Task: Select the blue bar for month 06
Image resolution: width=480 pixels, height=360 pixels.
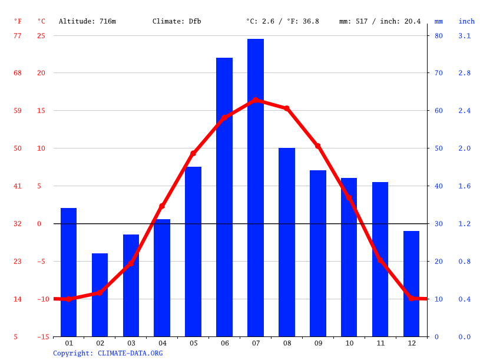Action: coord(224,197)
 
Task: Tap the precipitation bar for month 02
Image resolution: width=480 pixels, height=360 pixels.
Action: coord(100,295)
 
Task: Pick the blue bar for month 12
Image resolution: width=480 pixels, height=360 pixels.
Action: coord(411,283)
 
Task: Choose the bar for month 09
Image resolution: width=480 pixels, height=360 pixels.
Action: coord(318,253)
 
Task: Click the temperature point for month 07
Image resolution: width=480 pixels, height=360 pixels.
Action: coord(256,100)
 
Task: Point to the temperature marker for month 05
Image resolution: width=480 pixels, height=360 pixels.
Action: coord(193,153)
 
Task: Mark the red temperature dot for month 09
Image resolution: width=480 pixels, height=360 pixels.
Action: coord(318,146)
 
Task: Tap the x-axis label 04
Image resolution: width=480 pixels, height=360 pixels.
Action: coord(162,343)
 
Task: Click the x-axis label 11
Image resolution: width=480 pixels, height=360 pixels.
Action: coord(380,343)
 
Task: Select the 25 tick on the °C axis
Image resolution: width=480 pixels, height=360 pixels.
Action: coord(41,35)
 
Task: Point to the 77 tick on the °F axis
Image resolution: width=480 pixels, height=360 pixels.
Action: coord(18,35)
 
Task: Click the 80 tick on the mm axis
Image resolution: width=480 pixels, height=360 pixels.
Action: coord(438,35)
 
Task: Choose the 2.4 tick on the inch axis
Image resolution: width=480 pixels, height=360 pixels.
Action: coord(465,111)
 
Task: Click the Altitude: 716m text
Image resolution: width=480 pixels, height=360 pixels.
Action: coord(87,21)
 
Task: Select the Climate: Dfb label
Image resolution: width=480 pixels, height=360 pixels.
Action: coord(177,21)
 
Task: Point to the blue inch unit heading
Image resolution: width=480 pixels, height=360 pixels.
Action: coord(466,21)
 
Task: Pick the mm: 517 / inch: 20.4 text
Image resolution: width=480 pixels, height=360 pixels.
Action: coord(380,21)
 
